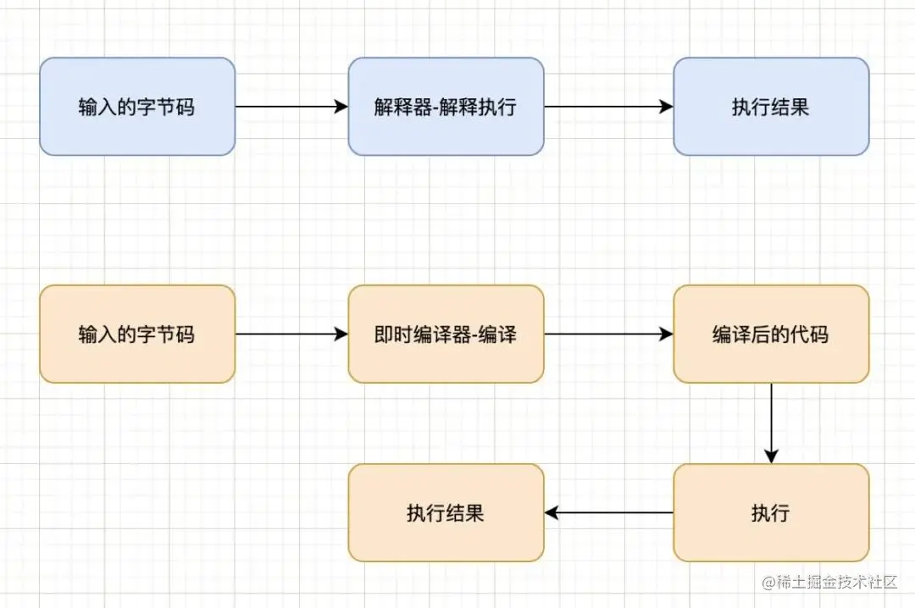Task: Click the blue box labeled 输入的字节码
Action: [137, 107]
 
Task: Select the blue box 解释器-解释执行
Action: [446, 107]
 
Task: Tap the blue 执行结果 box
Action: [771, 107]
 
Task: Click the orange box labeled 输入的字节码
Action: [137, 334]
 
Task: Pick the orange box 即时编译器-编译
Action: [446, 334]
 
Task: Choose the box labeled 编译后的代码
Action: [771, 334]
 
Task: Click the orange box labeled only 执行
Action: [771, 512]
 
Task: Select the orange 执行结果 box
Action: [446, 512]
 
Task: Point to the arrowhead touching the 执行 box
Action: [771, 456]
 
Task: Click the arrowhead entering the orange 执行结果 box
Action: [551, 512]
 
